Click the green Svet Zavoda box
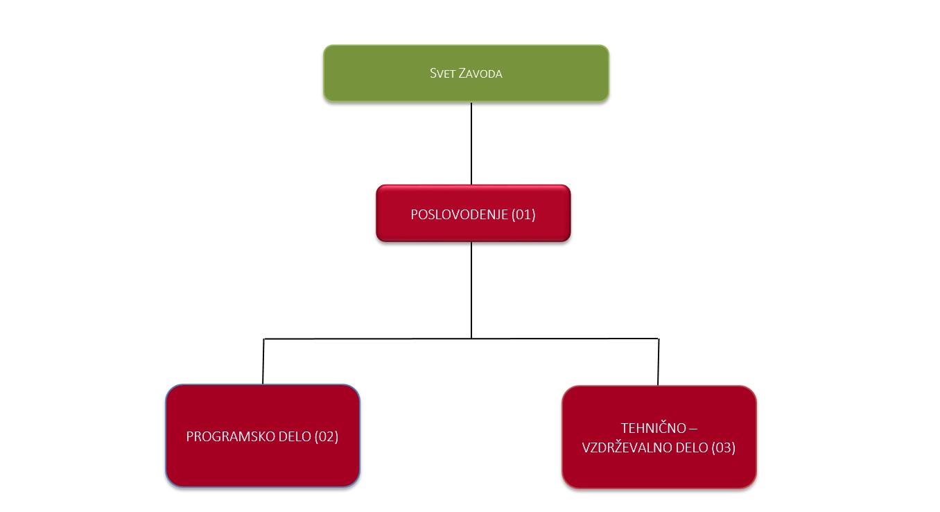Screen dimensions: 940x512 pyautogui.click(x=467, y=73)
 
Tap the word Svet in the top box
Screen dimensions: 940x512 pyautogui.click(x=442, y=73)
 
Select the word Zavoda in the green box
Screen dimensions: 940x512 pyautogui.click(x=480, y=73)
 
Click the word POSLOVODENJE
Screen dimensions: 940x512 pyautogui.click(x=459, y=214)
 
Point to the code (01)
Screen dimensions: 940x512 pyautogui.click(x=523, y=214)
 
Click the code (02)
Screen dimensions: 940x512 pyautogui.click(x=326, y=436)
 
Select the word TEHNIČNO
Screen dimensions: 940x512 pyautogui.click(x=654, y=428)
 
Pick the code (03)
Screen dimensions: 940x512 pyautogui.click(x=724, y=447)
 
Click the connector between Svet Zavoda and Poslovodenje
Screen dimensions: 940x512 pyautogui.click(x=471, y=143)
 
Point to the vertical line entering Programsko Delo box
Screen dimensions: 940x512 pyautogui.click(x=263, y=361)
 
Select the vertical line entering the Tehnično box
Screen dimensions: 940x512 pyautogui.click(x=659, y=361)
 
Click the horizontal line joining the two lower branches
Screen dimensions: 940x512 pyautogui.click(x=461, y=339)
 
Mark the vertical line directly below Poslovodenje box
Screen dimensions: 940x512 pyautogui.click(x=471, y=290)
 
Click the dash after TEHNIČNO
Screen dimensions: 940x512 pyautogui.click(x=693, y=429)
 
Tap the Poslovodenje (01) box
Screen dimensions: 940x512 pyautogui.click(x=473, y=214)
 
